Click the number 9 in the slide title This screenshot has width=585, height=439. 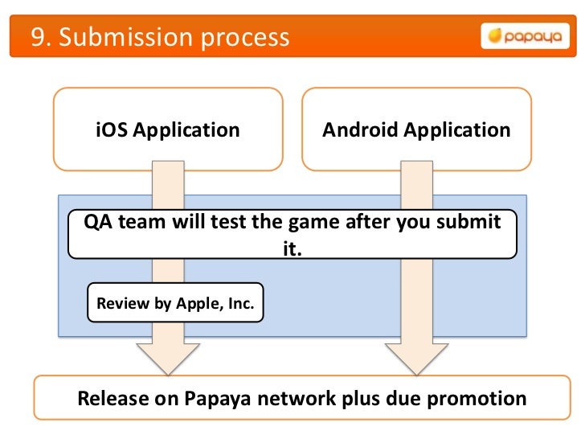37,37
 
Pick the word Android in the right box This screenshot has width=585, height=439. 358,130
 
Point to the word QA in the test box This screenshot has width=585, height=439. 100,222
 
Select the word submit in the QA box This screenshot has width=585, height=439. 473,222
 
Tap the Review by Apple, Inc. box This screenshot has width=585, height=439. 175,303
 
